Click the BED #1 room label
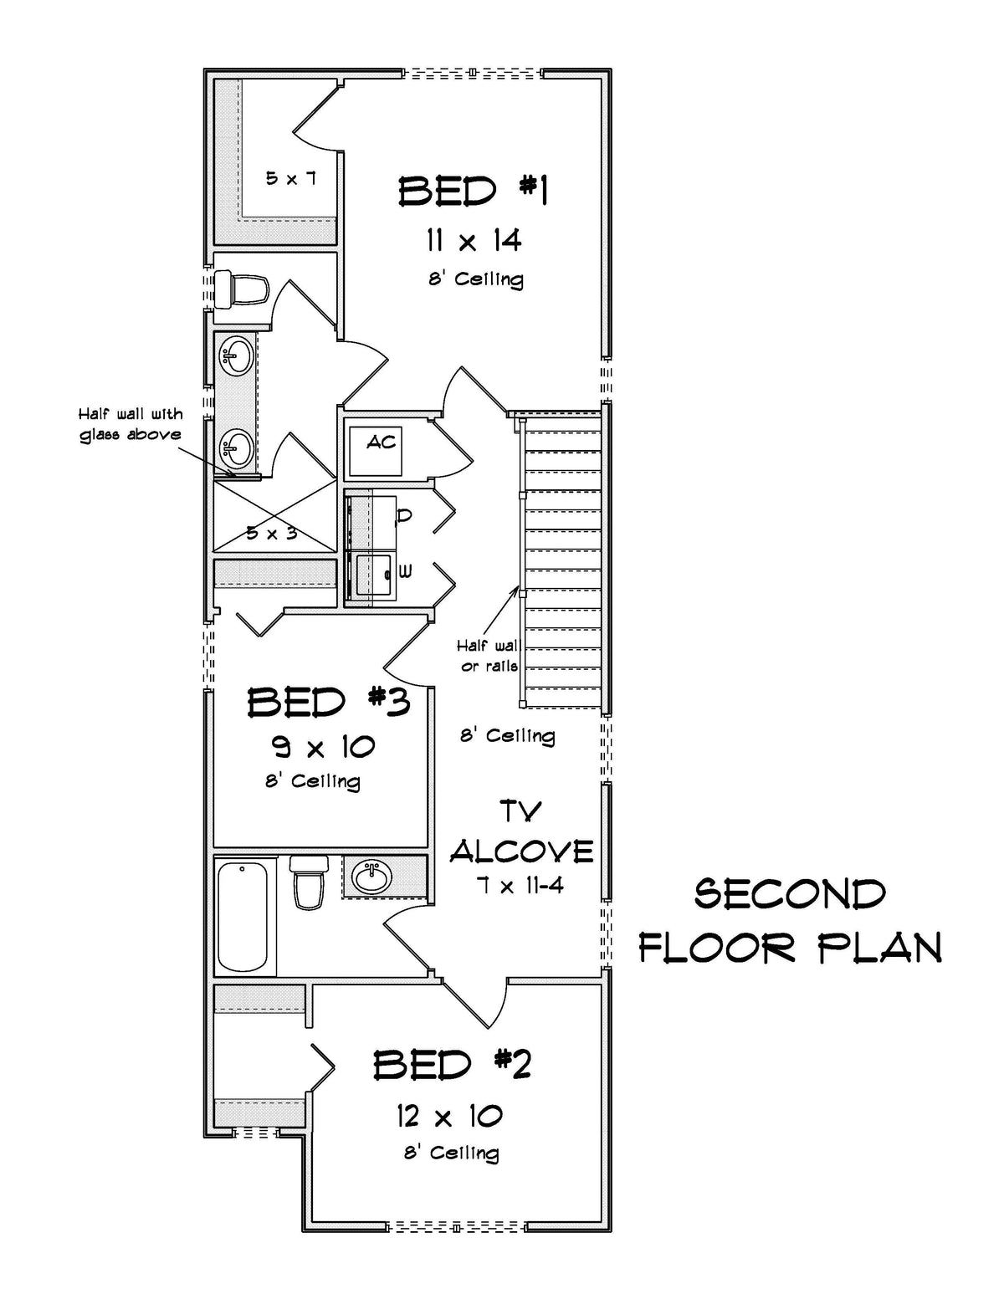click(x=473, y=192)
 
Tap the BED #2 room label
click(x=453, y=1065)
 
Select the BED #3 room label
click(x=329, y=703)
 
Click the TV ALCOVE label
click(x=521, y=832)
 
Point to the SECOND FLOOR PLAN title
click(x=791, y=921)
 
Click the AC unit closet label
click(x=382, y=442)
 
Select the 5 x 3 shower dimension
click(x=272, y=532)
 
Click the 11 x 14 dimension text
click(x=474, y=241)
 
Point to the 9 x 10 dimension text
click(x=323, y=745)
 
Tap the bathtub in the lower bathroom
click(x=243, y=918)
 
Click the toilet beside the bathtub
click(x=309, y=884)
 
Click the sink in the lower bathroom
click(x=372, y=877)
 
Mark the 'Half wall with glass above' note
click(x=131, y=424)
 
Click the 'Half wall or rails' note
click(x=489, y=656)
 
